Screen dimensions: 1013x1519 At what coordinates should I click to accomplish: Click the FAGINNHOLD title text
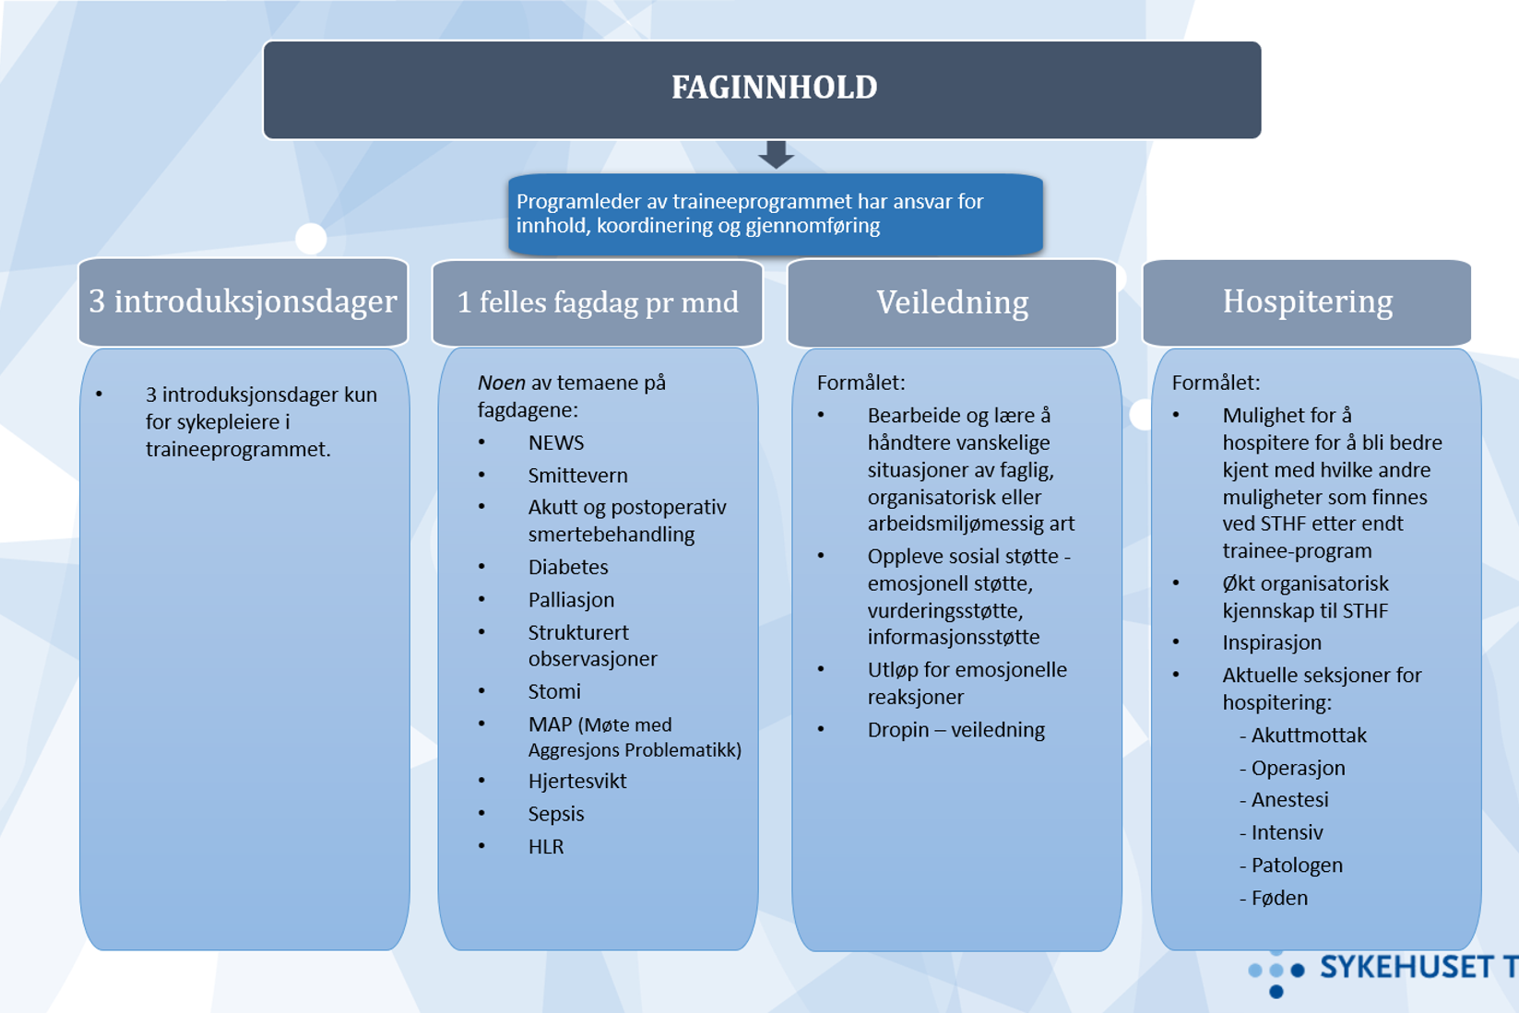coord(774,88)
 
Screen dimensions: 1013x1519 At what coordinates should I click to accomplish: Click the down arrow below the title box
coord(776,154)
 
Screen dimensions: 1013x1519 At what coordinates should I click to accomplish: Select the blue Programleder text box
coord(775,214)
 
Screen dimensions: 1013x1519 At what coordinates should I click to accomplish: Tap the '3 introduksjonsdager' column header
coord(243,301)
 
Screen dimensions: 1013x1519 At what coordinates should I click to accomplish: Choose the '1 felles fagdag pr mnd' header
coord(598,302)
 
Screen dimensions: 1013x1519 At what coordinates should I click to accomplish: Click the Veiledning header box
coord(952,302)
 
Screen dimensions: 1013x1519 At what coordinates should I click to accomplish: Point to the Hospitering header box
coord(1307,301)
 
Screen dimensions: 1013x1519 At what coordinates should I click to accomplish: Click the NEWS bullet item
coord(556,442)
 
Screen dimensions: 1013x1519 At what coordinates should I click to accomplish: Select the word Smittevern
coord(577,476)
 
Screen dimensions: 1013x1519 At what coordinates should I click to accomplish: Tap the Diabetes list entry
coord(568,567)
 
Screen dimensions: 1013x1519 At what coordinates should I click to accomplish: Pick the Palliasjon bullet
coord(571,600)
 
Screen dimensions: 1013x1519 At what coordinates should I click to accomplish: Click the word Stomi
coord(554,691)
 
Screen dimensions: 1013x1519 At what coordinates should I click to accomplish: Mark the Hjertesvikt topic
coord(577,782)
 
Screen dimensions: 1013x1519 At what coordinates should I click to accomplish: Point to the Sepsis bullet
coord(556,814)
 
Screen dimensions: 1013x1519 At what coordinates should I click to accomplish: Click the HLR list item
coord(546,847)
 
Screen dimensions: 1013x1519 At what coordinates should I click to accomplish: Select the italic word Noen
coord(502,383)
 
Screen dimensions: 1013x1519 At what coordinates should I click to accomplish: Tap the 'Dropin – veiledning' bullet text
coord(955,730)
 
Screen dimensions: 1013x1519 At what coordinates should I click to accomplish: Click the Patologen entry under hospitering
coord(1297,866)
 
